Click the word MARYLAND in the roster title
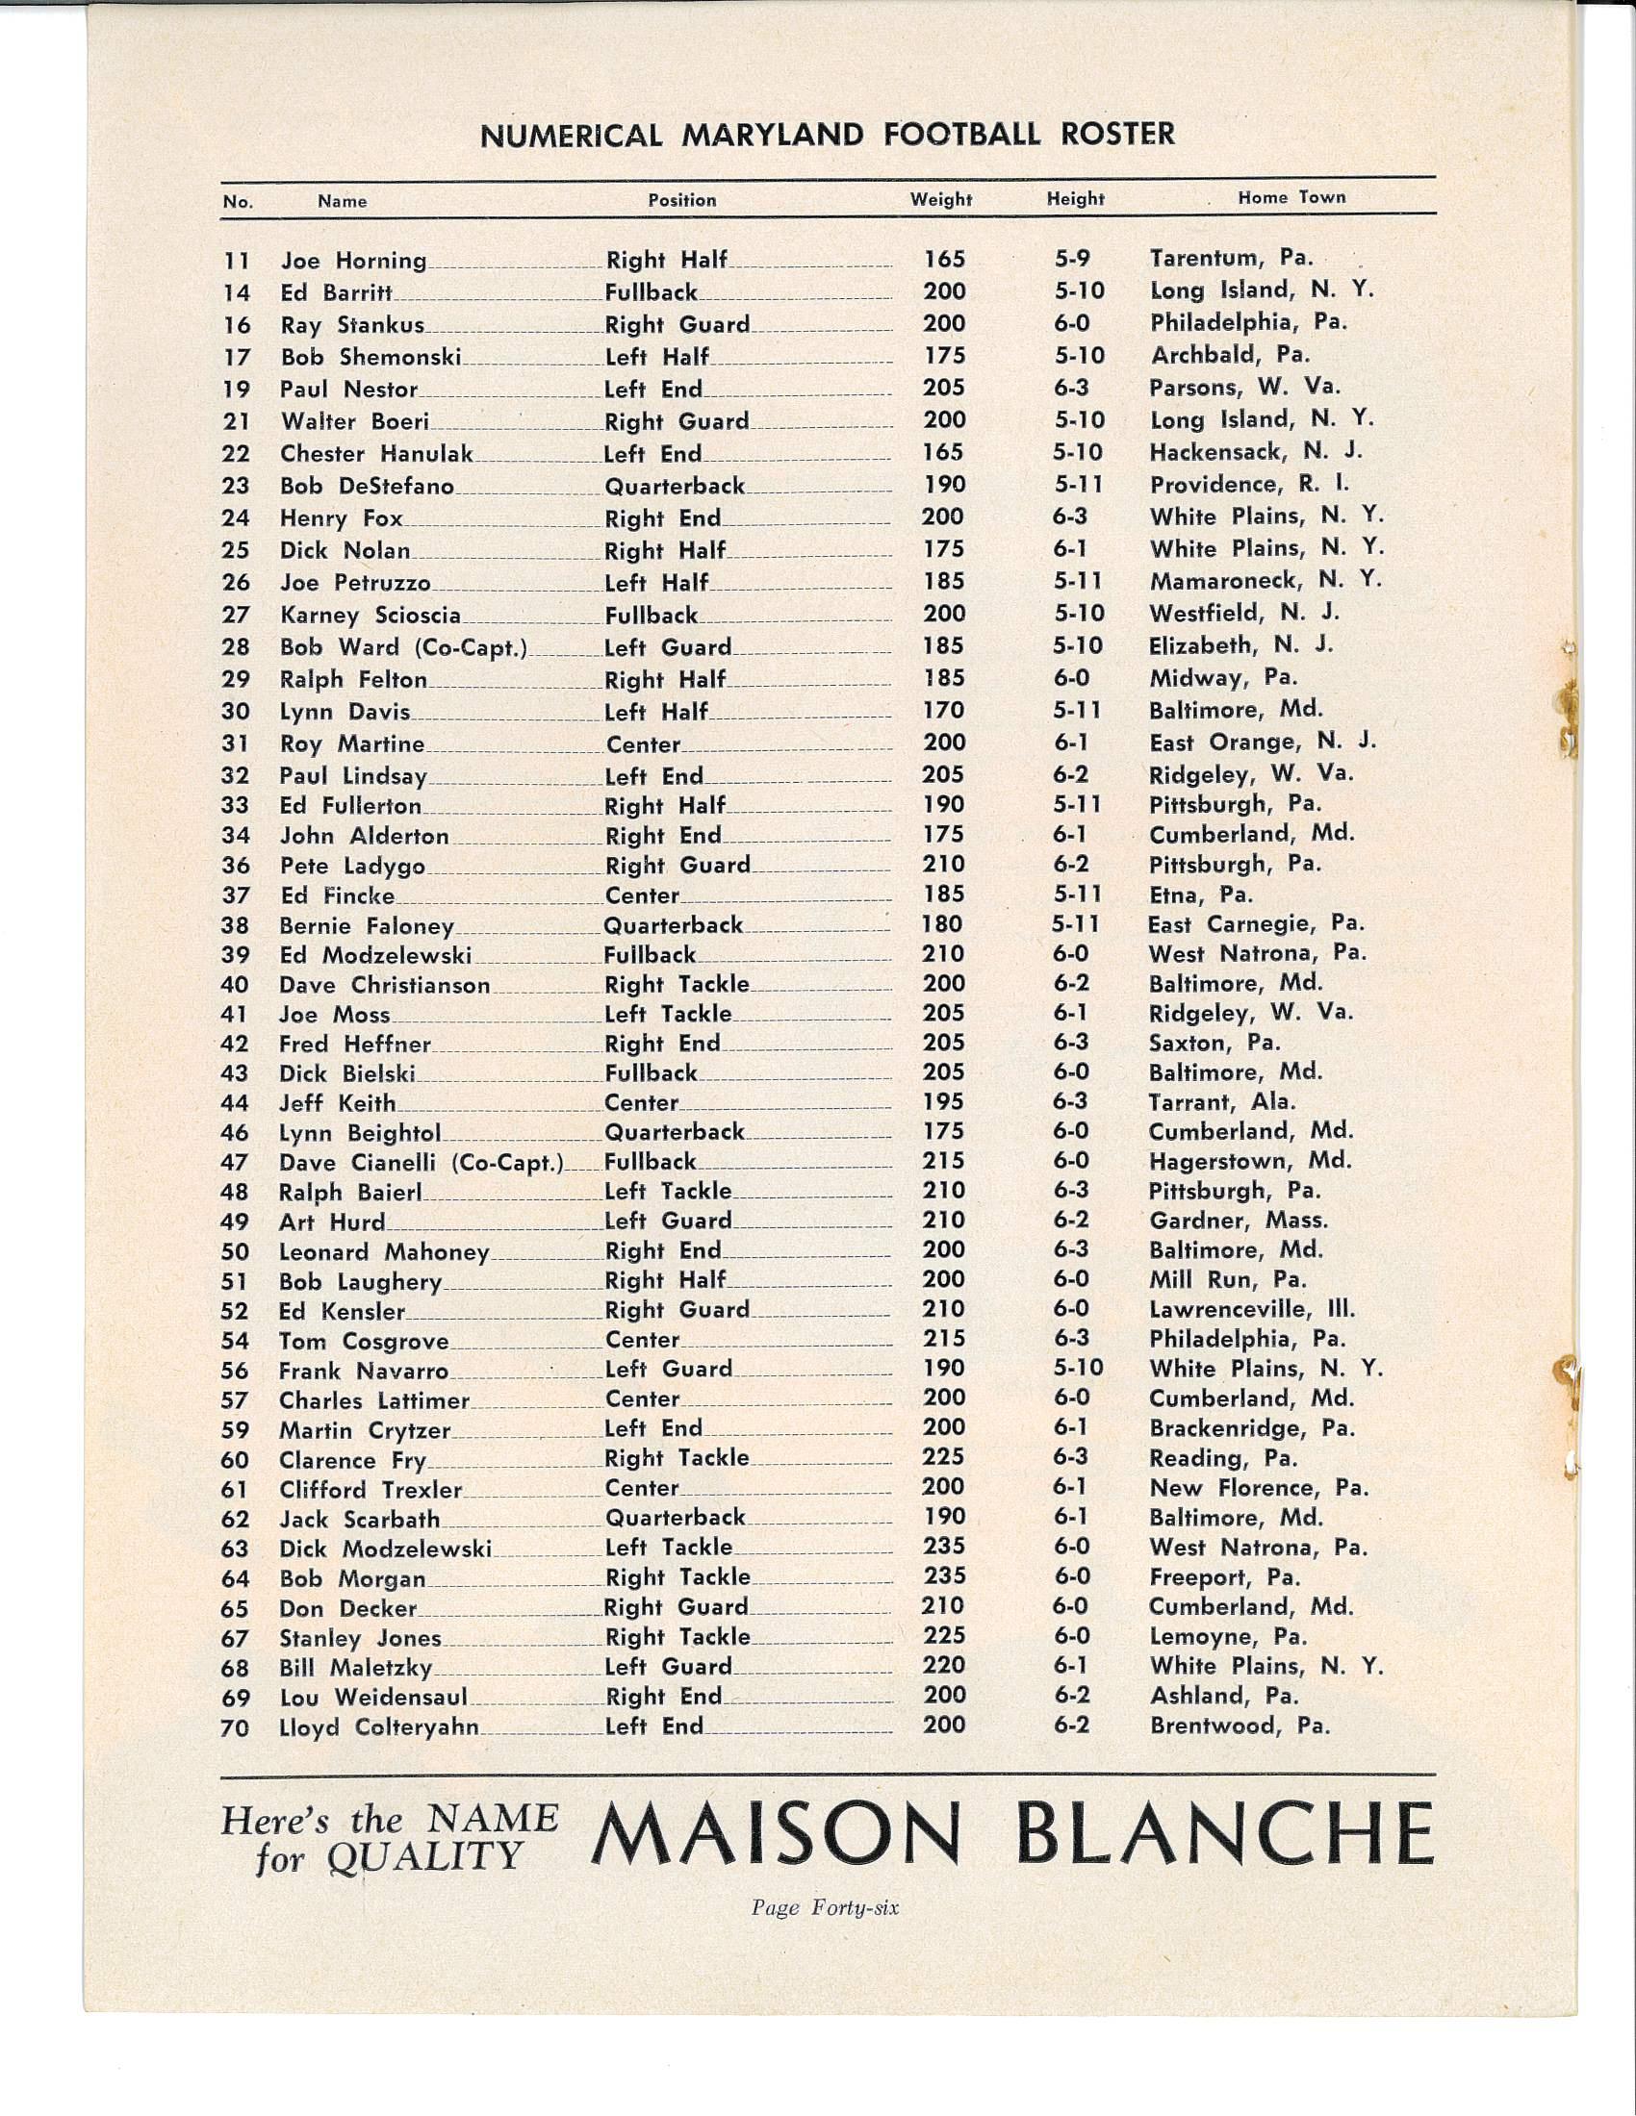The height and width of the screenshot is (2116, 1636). point(772,134)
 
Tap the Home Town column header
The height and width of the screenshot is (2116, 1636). point(1291,197)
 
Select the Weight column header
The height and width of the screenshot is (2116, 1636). point(940,200)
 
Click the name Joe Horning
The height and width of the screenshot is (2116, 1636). point(353,261)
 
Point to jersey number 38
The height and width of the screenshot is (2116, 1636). point(236,926)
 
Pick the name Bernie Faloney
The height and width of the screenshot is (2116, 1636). point(366,926)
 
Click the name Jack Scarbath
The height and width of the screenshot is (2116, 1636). point(359,1519)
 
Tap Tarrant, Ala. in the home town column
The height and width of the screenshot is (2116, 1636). point(1221,1102)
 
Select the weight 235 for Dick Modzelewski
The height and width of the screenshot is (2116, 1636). point(943,1548)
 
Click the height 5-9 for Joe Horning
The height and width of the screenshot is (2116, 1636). point(1072,260)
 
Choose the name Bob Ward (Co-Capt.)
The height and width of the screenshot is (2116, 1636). point(402,647)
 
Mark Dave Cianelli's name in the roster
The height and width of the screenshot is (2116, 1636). point(421,1163)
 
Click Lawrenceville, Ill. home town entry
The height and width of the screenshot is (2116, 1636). point(1251,1310)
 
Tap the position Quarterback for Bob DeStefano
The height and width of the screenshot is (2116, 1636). point(675,487)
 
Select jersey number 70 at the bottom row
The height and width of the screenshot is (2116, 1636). point(236,1727)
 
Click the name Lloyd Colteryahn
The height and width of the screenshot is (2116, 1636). point(378,1727)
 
